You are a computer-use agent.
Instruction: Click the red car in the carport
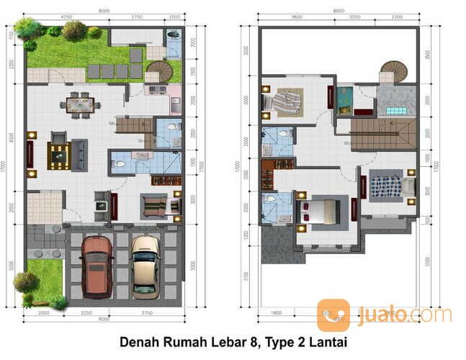point(97,266)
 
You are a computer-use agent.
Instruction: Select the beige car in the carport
point(145,266)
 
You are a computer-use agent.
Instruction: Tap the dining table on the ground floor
point(81,105)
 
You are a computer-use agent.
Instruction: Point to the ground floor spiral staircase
point(158,71)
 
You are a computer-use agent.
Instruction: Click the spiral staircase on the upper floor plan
point(393,71)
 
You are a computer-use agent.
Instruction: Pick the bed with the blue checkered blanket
point(386,186)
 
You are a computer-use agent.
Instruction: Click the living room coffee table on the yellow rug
point(58,155)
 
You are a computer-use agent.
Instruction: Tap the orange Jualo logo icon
point(333,315)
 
